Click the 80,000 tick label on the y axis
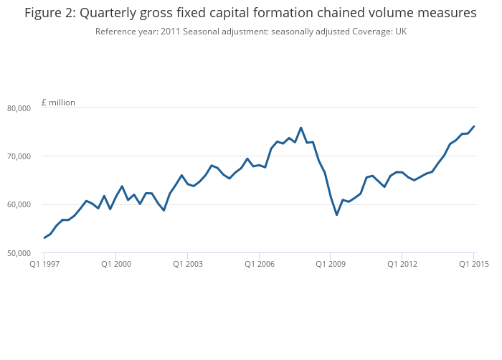pos(19,108)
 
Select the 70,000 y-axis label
pos(19,156)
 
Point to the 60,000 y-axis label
pos(19,204)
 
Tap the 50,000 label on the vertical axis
pos(19,253)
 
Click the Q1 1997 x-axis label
pos(44,264)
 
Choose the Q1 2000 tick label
pos(116,264)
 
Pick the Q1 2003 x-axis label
pos(188,264)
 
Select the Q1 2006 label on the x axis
pos(260,264)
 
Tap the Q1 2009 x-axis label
pos(331,264)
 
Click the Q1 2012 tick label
pos(402,264)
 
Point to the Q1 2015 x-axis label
pos(474,264)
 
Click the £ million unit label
pos(58,103)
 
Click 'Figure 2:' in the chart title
pos(50,13)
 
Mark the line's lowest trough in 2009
pos(337,214)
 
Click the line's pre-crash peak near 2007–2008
pos(301,128)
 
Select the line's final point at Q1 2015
pos(474,126)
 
